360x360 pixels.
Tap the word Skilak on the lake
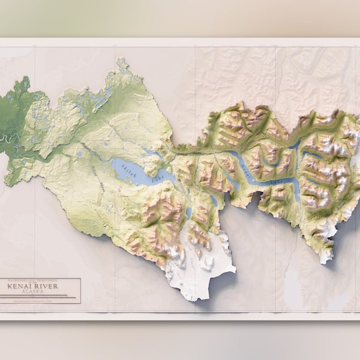pos(128,167)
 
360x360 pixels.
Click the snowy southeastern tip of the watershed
pos(325,255)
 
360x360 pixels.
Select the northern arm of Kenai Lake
pos(294,144)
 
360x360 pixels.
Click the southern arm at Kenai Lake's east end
pos(297,191)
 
